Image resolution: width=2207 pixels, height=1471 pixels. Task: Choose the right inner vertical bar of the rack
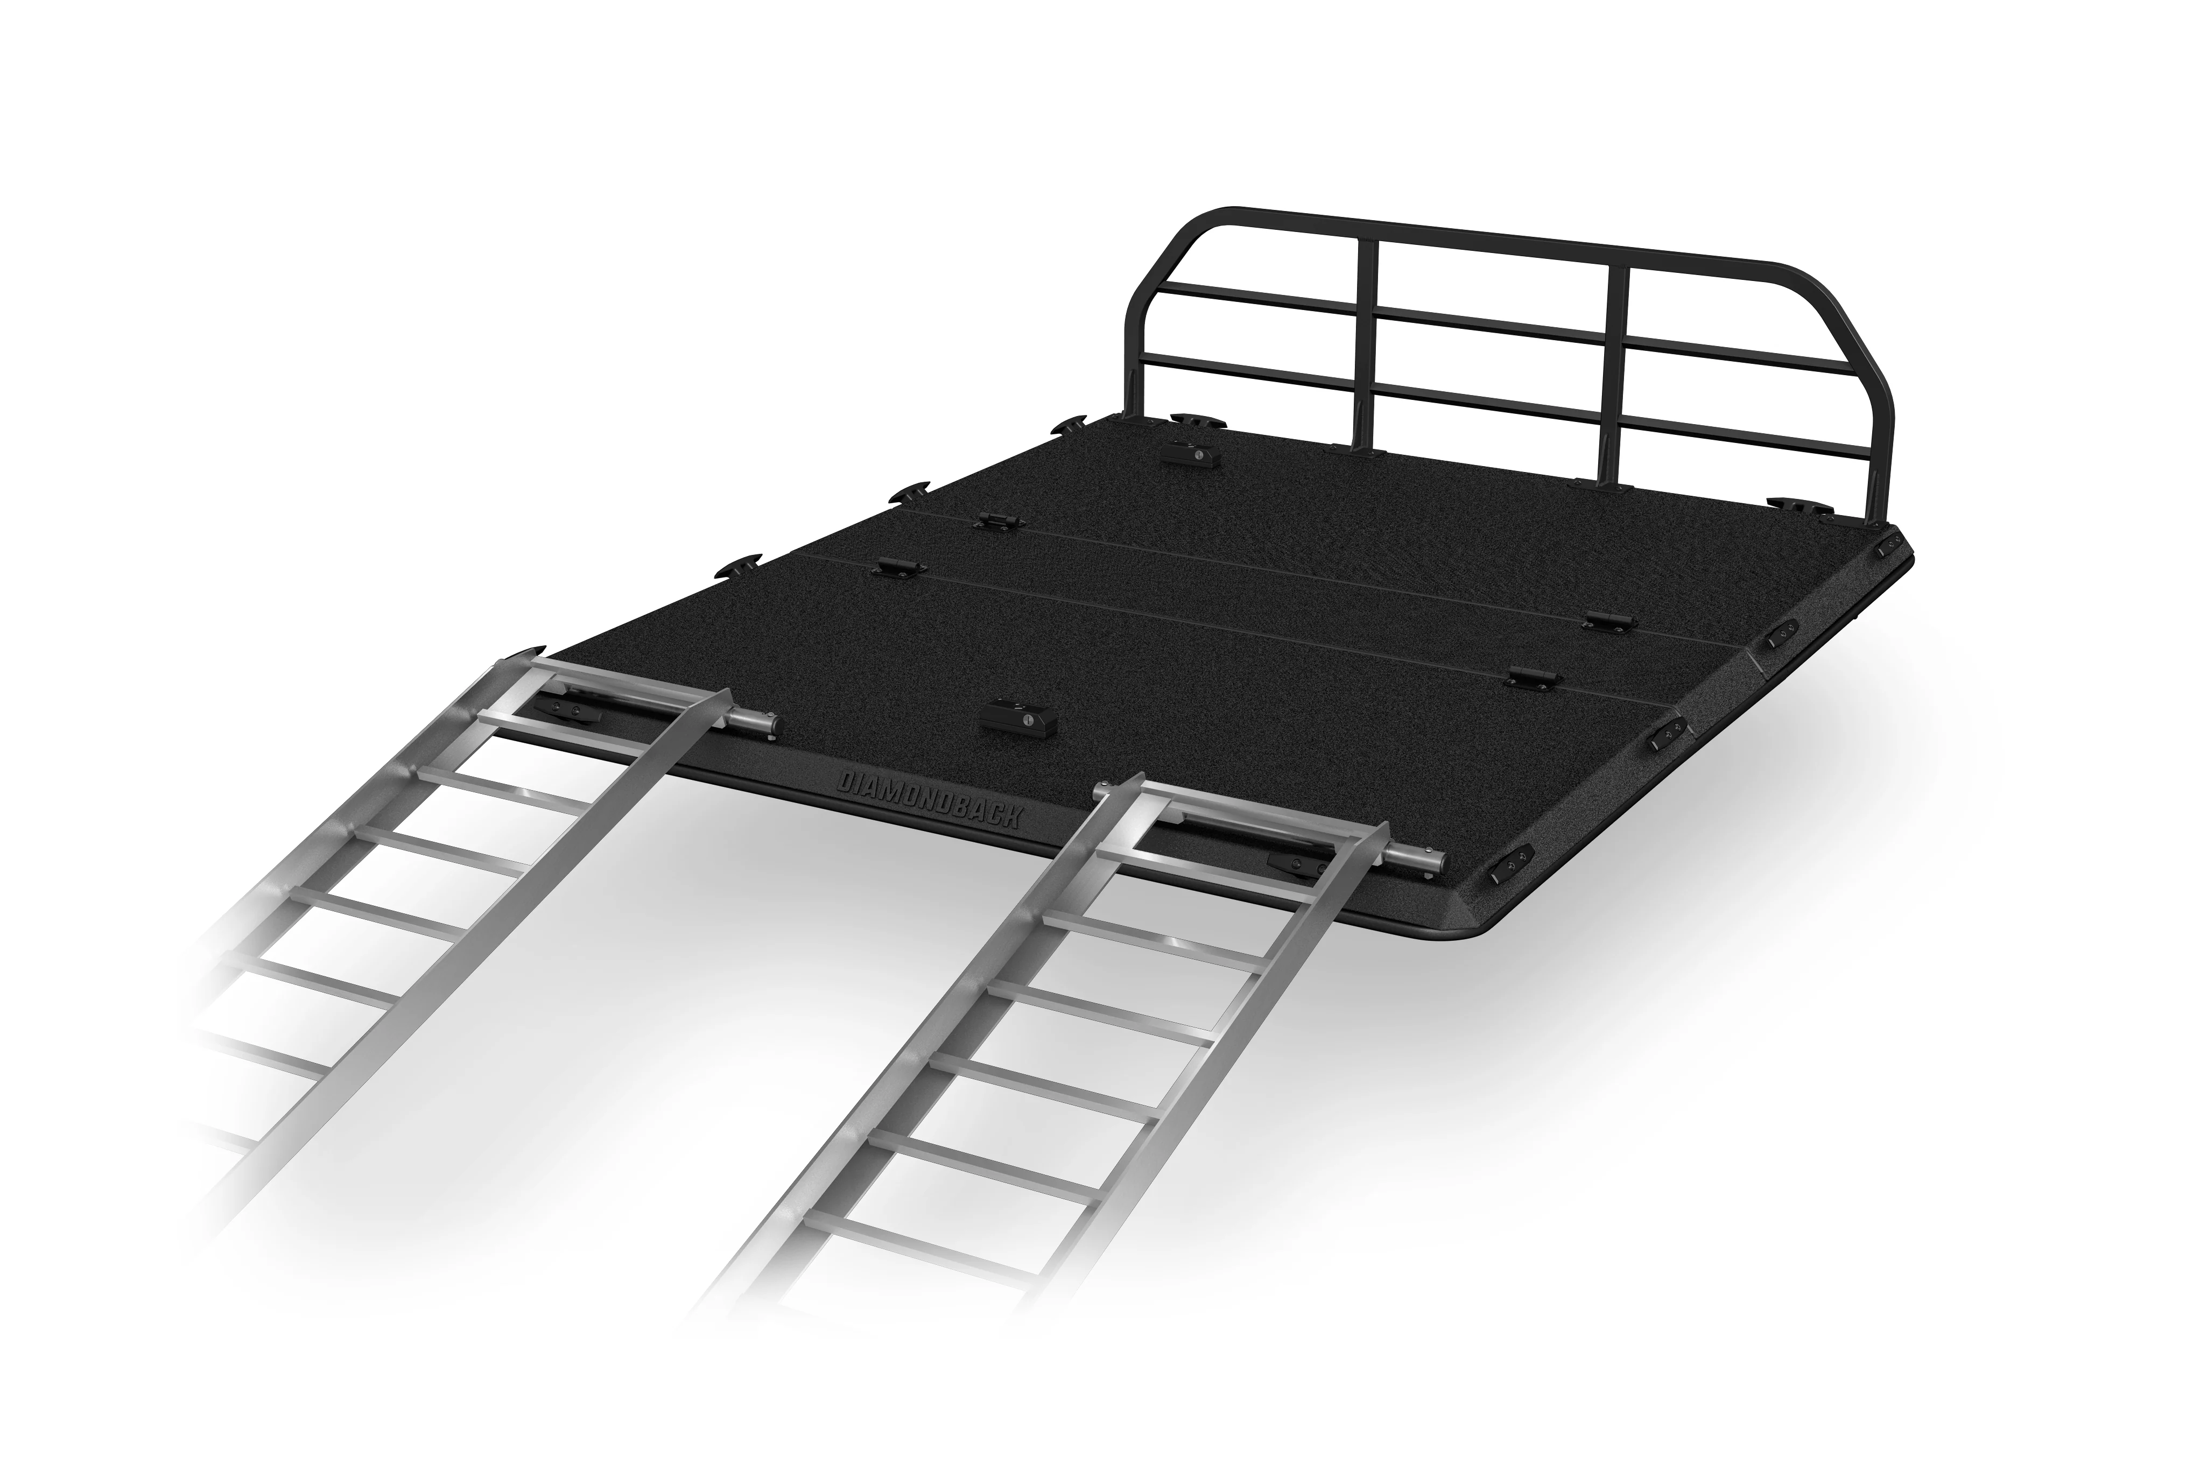click(x=1616, y=375)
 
